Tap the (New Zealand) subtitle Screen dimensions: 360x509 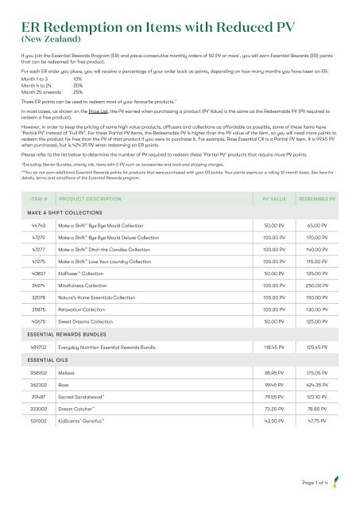coord(44,37)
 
